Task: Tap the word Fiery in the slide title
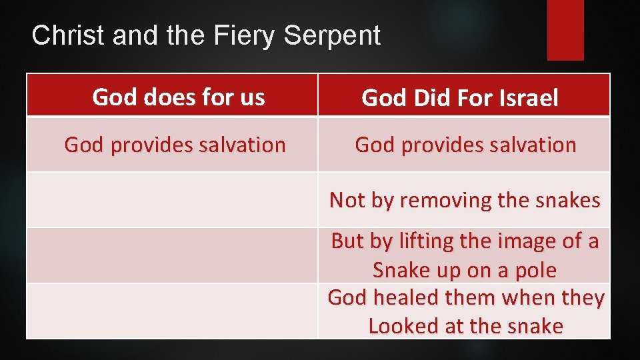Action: click(x=241, y=35)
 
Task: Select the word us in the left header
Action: click(x=252, y=97)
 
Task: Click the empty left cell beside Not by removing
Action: click(x=172, y=200)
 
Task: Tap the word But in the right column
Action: click(x=347, y=241)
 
